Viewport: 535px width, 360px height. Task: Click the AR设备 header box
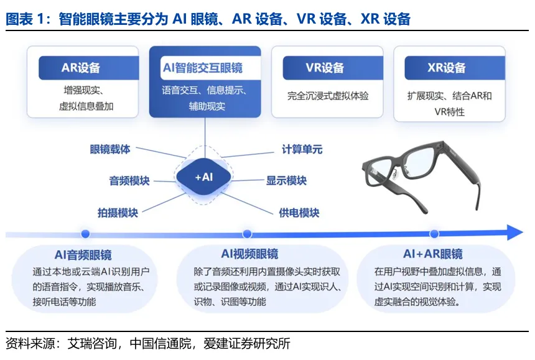pyautogui.click(x=80, y=68)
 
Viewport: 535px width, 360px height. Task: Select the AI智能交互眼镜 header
pyautogui.click(x=205, y=68)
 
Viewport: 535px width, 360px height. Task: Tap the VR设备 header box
pyautogui.click(x=325, y=68)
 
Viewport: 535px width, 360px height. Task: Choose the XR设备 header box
pyautogui.click(x=446, y=68)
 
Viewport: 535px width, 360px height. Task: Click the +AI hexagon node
pyautogui.click(x=204, y=177)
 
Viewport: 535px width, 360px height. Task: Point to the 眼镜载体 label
pyautogui.click(x=109, y=149)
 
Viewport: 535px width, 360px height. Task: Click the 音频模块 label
pyautogui.click(x=129, y=181)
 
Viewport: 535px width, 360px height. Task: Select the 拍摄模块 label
pyautogui.click(x=117, y=212)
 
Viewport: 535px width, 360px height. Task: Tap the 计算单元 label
pyautogui.click(x=302, y=149)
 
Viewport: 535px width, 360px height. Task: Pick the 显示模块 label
pyautogui.click(x=286, y=180)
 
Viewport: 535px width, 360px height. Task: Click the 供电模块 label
pyautogui.click(x=299, y=212)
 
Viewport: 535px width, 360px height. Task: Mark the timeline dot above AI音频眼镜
pyautogui.click(x=85, y=234)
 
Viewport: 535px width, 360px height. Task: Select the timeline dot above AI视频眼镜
pyautogui.click(x=247, y=234)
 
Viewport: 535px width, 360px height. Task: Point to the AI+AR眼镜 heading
pyautogui.click(x=432, y=254)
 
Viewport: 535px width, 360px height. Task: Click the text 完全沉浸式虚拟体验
pyautogui.click(x=328, y=96)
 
